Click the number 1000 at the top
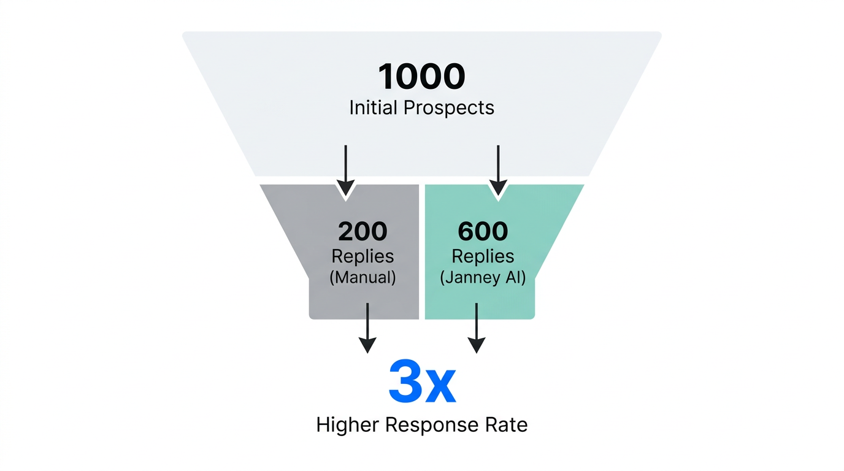tap(421, 77)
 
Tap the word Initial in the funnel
tap(374, 108)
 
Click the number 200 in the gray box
tap(363, 231)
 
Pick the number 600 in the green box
tap(483, 231)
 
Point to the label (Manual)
tap(363, 277)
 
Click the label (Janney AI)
tap(483, 277)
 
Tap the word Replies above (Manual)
tap(363, 256)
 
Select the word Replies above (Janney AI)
tap(483, 256)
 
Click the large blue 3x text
tap(422, 384)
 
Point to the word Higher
tap(347, 425)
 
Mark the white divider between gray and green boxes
tap(422, 251)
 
